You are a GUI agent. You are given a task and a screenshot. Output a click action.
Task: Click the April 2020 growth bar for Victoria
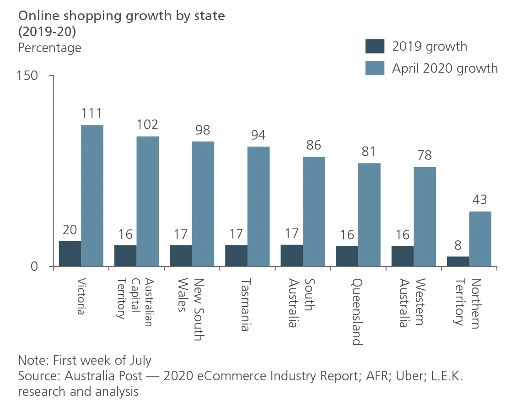pyautogui.click(x=92, y=195)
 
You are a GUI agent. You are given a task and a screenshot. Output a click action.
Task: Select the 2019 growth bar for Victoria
pyautogui.click(x=70, y=254)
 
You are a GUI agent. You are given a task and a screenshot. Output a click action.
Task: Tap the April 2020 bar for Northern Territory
pyautogui.click(x=480, y=238)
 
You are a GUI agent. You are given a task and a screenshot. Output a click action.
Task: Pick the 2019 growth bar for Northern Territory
pyautogui.click(x=458, y=261)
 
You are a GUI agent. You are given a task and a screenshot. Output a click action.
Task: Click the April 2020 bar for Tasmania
pyautogui.click(x=258, y=206)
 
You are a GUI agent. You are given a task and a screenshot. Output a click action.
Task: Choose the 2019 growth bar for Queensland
pyautogui.click(x=347, y=256)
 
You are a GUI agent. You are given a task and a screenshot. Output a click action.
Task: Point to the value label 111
pyautogui.click(x=92, y=113)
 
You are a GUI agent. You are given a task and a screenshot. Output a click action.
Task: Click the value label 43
pyautogui.click(x=480, y=200)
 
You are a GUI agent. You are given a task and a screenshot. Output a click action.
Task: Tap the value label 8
pyautogui.click(x=458, y=245)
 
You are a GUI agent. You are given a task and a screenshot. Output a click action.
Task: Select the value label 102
pyautogui.click(x=147, y=124)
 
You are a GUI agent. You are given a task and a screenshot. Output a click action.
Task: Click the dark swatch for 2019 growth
pyautogui.click(x=375, y=46)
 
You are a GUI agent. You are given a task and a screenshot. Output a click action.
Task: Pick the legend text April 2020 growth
pyautogui.click(x=445, y=68)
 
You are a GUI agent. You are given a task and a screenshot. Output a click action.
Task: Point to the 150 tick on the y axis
pyautogui.click(x=27, y=76)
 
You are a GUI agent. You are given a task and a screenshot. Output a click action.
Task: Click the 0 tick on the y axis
pyautogui.click(x=34, y=266)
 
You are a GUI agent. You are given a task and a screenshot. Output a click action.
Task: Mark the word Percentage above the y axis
pyautogui.click(x=49, y=48)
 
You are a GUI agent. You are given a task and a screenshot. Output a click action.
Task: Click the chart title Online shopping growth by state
pyautogui.click(x=121, y=16)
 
